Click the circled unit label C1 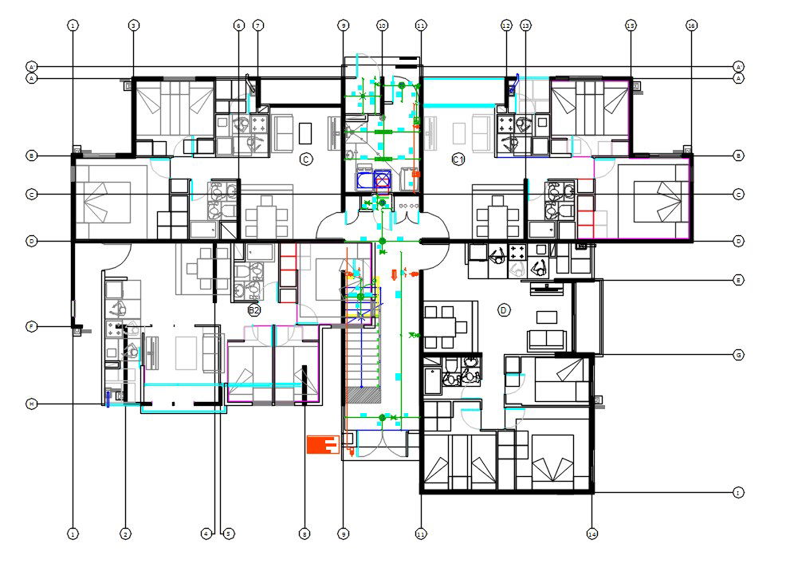click(x=458, y=159)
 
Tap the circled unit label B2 click(x=254, y=310)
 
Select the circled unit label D click(x=503, y=310)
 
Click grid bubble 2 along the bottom click(x=125, y=534)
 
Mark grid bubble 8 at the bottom click(x=304, y=534)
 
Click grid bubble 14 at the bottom click(x=592, y=534)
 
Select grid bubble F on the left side click(x=31, y=326)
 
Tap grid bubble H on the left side click(x=31, y=404)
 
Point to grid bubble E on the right click(x=738, y=281)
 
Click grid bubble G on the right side click(x=738, y=354)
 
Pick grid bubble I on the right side click(x=738, y=493)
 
